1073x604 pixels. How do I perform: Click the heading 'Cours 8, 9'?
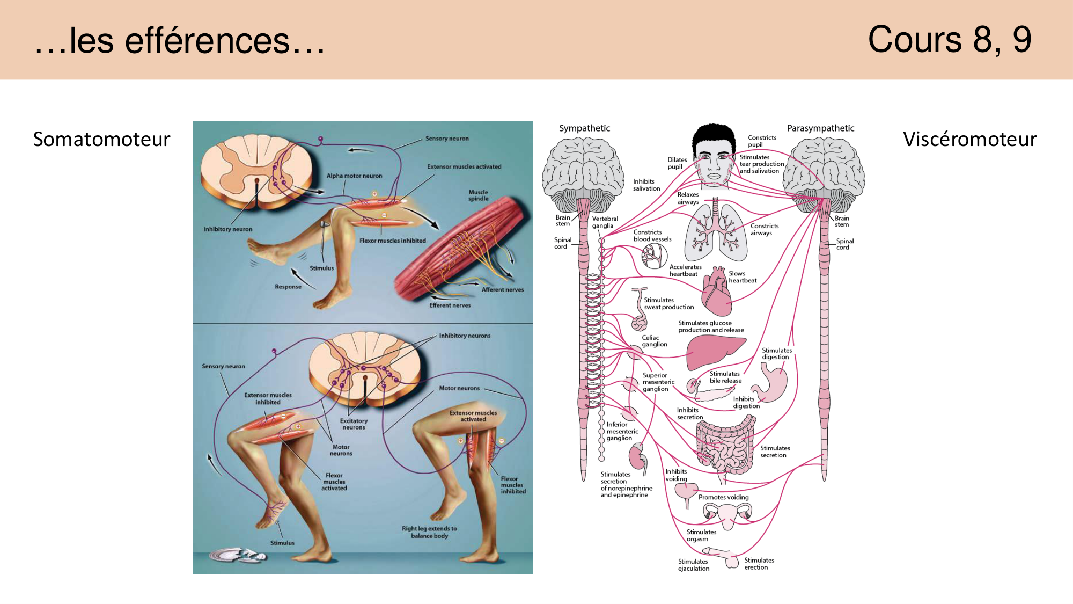click(949, 40)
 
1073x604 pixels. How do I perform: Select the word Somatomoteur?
click(101, 139)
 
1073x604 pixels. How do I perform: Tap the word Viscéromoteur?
click(969, 139)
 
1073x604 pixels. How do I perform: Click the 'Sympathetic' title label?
click(584, 128)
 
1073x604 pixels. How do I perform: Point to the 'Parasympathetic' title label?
click(820, 128)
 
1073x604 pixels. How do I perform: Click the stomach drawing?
click(771, 383)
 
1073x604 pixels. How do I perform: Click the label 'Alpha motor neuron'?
click(354, 176)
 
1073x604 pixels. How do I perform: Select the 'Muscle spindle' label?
click(478, 195)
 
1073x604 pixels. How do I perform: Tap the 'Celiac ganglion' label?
click(655, 341)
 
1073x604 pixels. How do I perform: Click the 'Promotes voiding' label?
click(723, 497)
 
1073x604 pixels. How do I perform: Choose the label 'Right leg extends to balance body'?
click(429, 532)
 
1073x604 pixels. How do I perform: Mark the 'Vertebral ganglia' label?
click(605, 222)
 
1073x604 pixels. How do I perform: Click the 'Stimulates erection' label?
click(759, 564)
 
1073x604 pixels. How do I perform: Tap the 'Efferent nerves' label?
click(450, 305)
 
